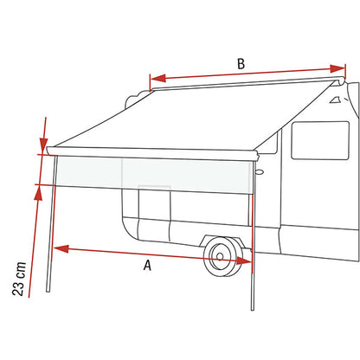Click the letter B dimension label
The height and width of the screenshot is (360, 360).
point(241,64)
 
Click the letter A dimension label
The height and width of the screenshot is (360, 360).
point(147,265)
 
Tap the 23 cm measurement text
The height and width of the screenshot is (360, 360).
point(19,279)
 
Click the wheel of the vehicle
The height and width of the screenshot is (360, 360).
point(223,257)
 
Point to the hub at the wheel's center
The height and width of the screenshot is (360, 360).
point(220,256)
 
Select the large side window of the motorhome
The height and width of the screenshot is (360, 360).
point(320,140)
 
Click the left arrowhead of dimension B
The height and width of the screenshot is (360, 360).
point(158,79)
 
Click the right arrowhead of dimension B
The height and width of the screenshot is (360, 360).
point(337,68)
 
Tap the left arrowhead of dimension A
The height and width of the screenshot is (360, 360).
point(61,248)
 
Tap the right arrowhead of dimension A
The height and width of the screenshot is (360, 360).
point(244,260)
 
